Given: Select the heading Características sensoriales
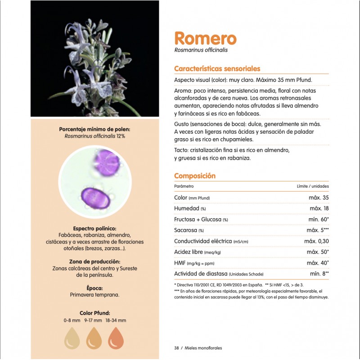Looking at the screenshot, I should (x=217, y=69).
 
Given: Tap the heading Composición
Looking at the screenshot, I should (x=194, y=176).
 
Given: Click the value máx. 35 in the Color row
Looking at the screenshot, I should (x=319, y=198).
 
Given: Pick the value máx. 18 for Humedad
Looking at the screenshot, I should (x=319, y=208).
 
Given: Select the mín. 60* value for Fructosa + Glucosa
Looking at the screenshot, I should (x=318, y=219).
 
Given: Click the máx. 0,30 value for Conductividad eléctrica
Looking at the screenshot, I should (x=316, y=241).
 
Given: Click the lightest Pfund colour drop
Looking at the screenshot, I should (x=73, y=338).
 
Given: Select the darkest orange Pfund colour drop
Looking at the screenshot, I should (x=116, y=338).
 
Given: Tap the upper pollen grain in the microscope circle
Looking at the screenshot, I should (x=107, y=162).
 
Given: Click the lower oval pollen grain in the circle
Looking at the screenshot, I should (x=95, y=198).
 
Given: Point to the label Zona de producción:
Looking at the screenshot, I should (x=94, y=261).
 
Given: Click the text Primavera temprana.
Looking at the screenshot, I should (x=94, y=295).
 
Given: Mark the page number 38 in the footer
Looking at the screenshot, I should (x=176, y=348).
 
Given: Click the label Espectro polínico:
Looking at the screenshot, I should (x=94, y=228).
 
